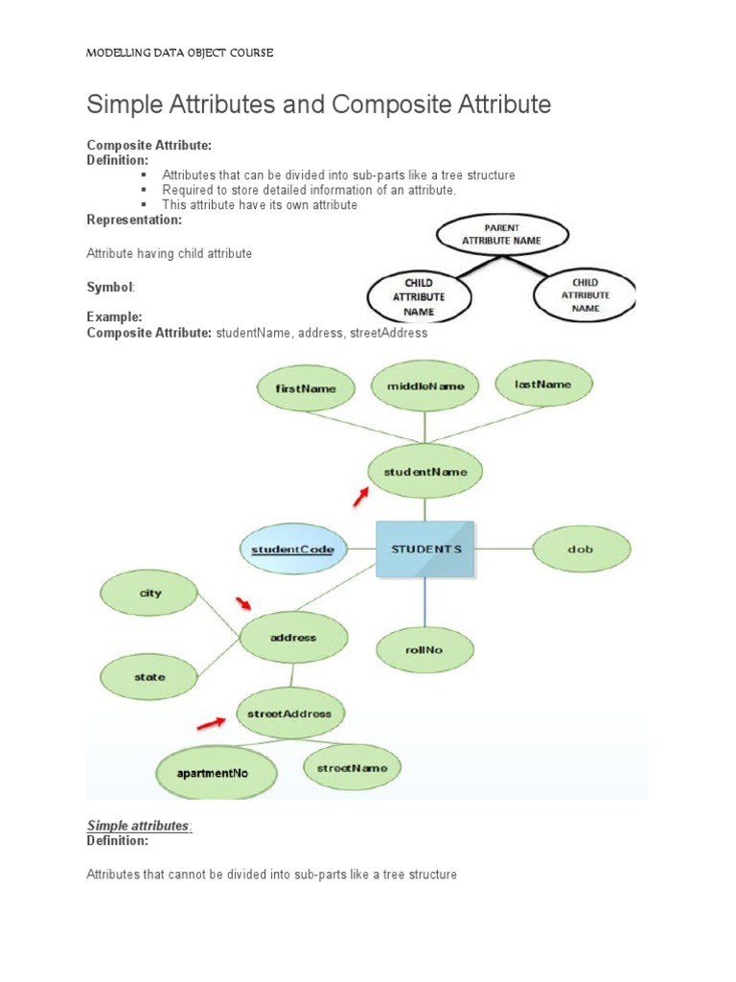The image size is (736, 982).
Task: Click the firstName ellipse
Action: [306, 388]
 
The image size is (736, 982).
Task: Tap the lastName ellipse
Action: [542, 385]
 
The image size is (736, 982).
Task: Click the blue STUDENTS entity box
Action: [425, 549]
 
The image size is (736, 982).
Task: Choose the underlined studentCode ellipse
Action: [292, 549]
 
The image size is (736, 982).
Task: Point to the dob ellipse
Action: [581, 549]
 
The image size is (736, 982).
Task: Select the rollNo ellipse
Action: [424, 649]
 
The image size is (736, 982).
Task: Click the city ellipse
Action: [150, 594]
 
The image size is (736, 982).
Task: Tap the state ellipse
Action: [149, 677]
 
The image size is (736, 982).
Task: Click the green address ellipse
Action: [292, 638]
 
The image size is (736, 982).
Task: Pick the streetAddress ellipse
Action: [289, 713]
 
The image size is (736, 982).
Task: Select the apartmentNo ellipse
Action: [218, 772]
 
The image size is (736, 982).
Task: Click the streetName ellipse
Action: [352, 768]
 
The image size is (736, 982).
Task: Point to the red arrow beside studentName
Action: [360, 496]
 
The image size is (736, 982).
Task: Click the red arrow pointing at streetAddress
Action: [214, 720]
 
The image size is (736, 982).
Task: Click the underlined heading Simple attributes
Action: [139, 827]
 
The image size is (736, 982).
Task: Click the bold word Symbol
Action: [110, 287]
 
